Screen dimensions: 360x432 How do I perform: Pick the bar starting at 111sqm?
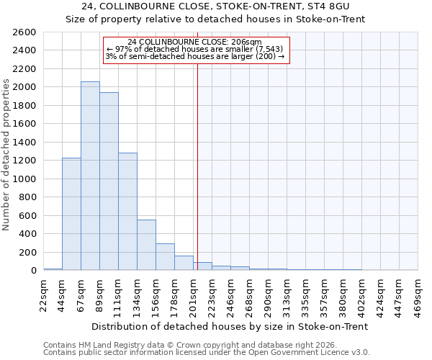click(127, 212)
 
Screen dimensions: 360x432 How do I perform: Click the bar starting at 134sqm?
click(146, 245)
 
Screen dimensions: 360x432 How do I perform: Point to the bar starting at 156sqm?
click(165, 257)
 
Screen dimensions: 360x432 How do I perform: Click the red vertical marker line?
click(197, 158)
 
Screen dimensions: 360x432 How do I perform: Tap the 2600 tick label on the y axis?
click(24, 32)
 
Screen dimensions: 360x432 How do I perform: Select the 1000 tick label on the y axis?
click(24, 179)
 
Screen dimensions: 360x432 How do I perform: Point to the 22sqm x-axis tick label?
click(44, 292)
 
